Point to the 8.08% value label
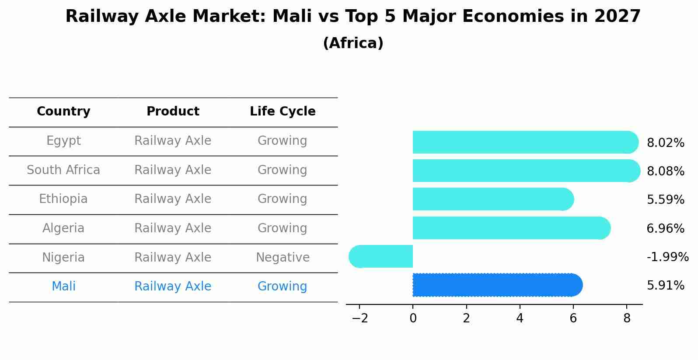point(665,171)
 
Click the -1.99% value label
point(667,257)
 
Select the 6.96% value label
point(665,228)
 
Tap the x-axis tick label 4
point(520,318)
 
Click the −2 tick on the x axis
point(359,318)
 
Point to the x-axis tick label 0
point(413,318)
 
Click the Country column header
point(63,112)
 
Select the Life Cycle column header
point(283,112)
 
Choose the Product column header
point(173,112)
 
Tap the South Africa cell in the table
point(63,170)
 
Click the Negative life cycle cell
point(283,258)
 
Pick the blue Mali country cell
point(63,287)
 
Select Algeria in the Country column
point(63,228)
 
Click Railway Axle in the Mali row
point(173,287)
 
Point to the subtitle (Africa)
point(353,43)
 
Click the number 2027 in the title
point(617,17)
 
